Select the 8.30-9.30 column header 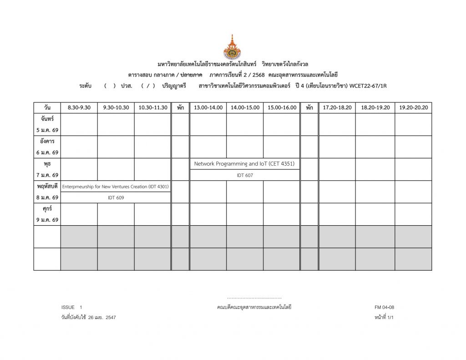[x=79, y=108]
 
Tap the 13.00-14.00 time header [x=208, y=108]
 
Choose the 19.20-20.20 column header [x=413, y=108]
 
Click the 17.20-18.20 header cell [x=337, y=108]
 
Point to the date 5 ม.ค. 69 [x=47, y=130]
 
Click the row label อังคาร [x=47, y=142]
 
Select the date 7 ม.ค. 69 [x=47, y=175]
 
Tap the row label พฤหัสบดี [x=47, y=186]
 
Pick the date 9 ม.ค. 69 [x=47, y=220]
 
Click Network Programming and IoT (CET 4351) [x=245, y=164]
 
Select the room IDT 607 [x=245, y=175]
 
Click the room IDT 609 [x=116, y=198]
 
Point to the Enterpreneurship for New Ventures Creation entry [x=116, y=187]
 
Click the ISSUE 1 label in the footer [x=72, y=307]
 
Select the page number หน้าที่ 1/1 [x=383, y=318]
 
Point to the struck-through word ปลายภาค [x=191, y=75]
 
